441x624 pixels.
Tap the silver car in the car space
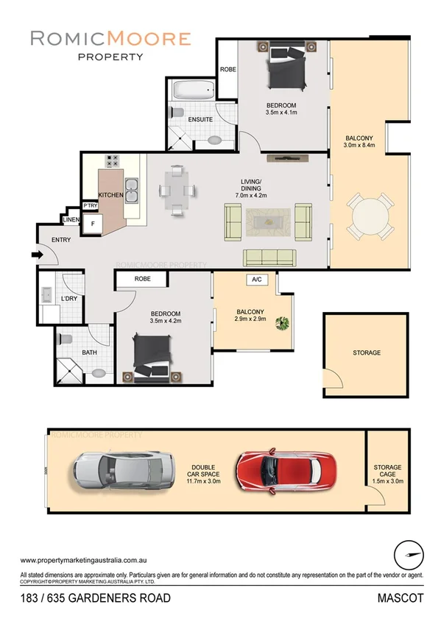pos(124,467)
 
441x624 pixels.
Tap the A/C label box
pos(257,280)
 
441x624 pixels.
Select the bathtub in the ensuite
pos(194,92)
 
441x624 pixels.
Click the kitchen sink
pos(133,191)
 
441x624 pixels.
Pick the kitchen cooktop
pos(113,161)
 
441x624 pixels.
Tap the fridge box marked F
pos(93,223)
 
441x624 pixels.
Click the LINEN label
pos(71,220)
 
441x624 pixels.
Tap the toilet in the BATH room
pos(64,341)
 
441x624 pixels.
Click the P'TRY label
pos(90,205)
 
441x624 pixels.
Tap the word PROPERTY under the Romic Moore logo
pos(110,56)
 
